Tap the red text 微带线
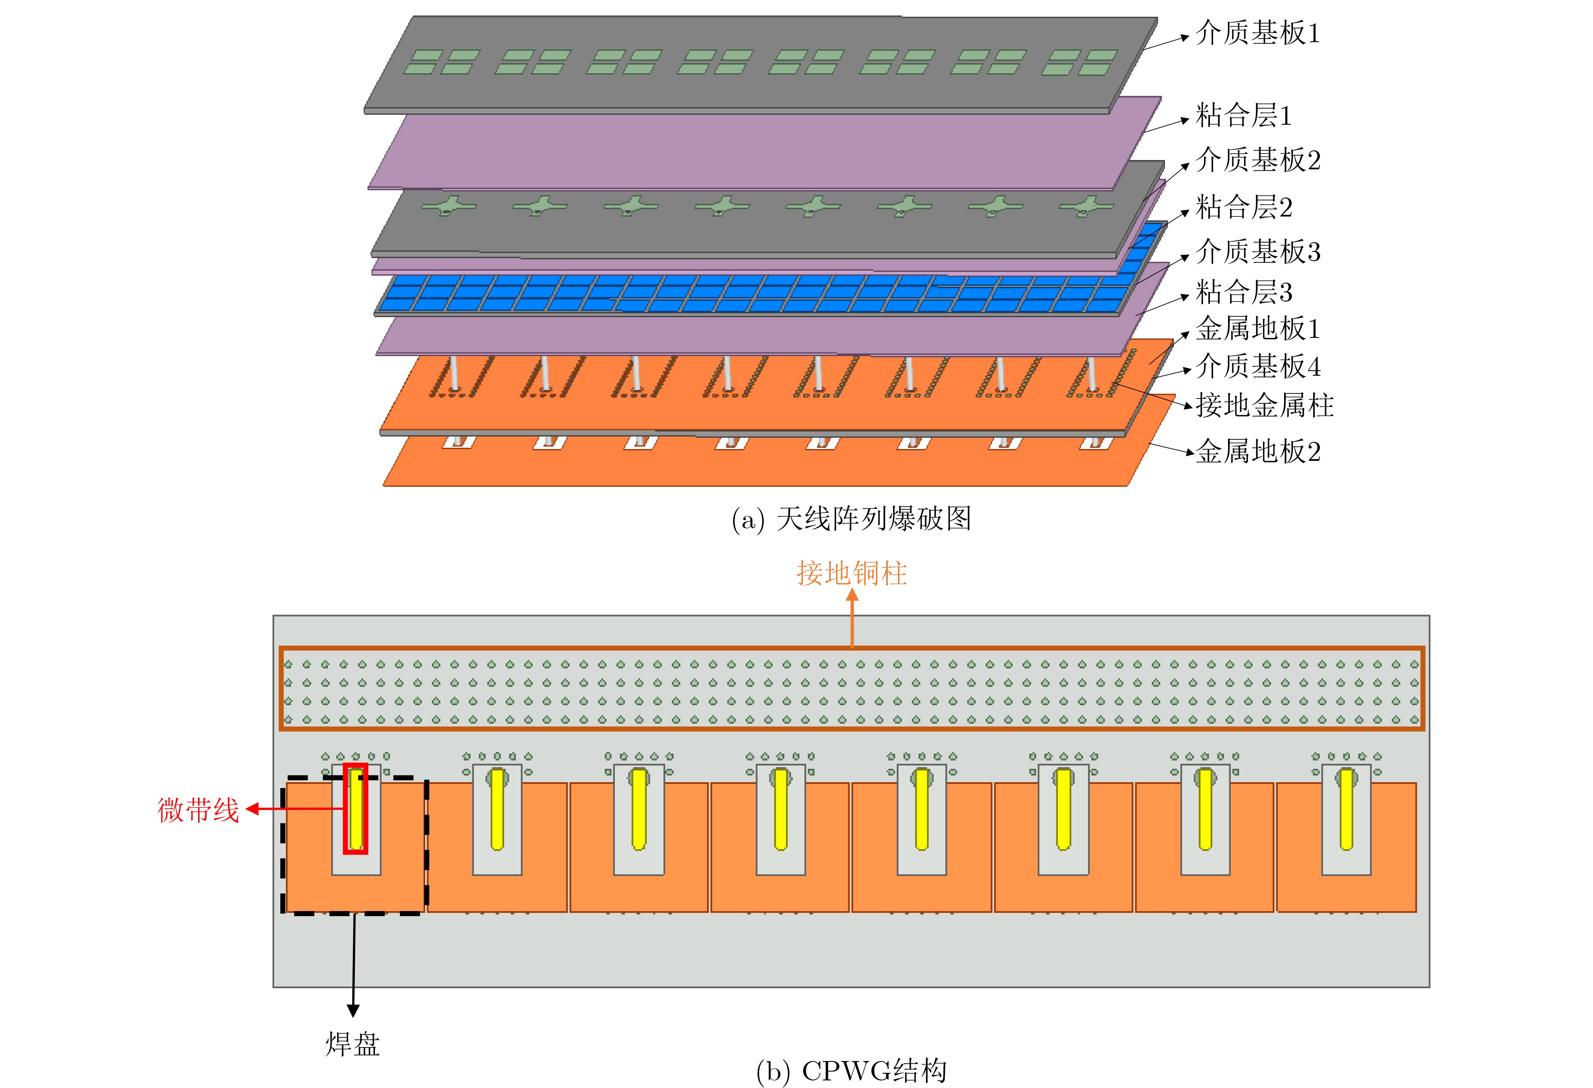(198, 810)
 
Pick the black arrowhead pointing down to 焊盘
(353, 1010)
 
